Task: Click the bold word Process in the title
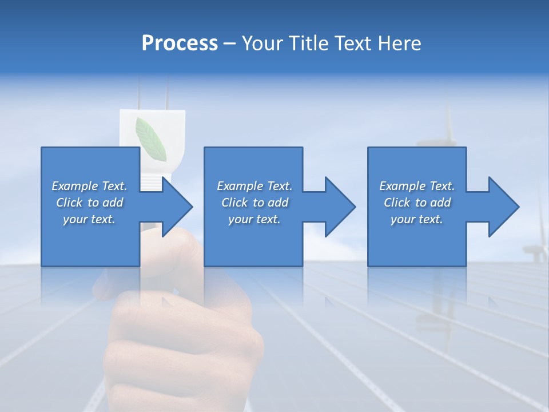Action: coord(180,43)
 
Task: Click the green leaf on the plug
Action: coord(150,138)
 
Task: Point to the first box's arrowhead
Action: coord(177,207)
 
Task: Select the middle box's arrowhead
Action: coord(340,207)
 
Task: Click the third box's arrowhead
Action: coord(503,207)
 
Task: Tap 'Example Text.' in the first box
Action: coord(89,186)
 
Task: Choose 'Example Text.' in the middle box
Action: coord(254,186)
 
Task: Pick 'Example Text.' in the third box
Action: coord(417,186)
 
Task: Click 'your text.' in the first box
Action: coord(89,219)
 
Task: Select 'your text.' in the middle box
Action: coord(254,219)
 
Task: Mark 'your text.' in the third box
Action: coord(417,219)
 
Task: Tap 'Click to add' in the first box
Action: coord(89,203)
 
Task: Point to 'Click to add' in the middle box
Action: coord(254,203)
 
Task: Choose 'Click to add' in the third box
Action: coord(417,203)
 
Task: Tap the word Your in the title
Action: coord(262,43)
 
